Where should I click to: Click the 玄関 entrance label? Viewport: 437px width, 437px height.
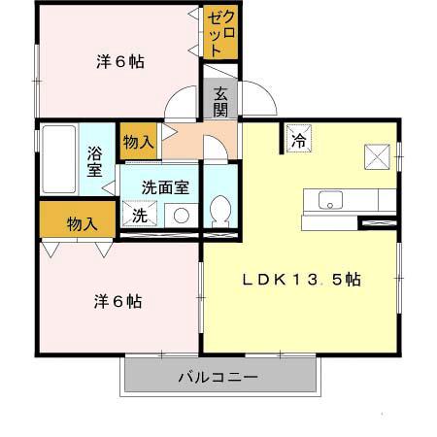[221, 100]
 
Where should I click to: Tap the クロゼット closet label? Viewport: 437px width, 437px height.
[221, 33]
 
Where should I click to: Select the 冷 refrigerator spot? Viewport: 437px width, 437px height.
[299, 140]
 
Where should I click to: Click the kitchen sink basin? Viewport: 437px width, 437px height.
[329, 201]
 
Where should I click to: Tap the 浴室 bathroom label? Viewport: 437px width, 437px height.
[95, 160]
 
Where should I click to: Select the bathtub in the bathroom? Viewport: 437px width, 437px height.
[59, 160]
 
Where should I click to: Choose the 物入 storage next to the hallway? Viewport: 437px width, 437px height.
[138, 142]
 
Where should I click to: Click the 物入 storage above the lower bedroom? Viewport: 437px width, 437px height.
[82, 223]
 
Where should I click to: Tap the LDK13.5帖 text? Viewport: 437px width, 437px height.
[302, 279]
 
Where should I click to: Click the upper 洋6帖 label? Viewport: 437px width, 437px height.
[120, 62]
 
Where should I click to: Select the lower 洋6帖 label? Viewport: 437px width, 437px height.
[118, 301]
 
